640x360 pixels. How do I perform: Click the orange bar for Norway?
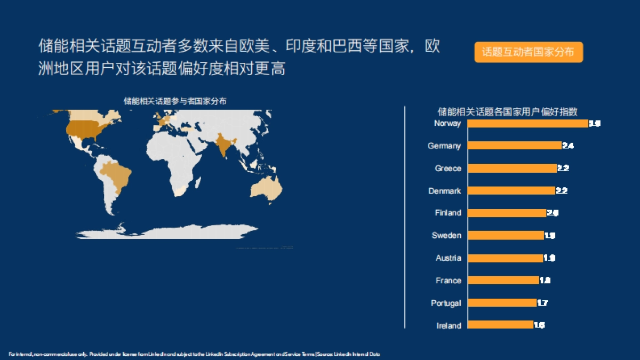pyautogui.click(x=527, y=124)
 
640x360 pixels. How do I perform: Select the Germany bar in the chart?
pyautogui.click(x=514, y=146)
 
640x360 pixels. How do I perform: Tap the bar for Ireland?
pyautogui.click(x=500, y=325)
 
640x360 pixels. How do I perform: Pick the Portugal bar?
pyautogui.click(x=501, y=302)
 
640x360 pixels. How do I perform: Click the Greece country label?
pyautogui.click(x=447, y=169)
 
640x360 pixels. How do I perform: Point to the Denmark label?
pyautogui.click(x=444, y=191)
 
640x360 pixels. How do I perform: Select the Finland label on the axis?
pyautogui.click(x=447, y=213)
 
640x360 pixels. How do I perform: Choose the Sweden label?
pyautogui.click(x=446, y=235)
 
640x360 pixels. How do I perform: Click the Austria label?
pyautogui.click(x=448, y=258)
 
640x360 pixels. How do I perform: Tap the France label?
pyautogui.click(x=448, y=281)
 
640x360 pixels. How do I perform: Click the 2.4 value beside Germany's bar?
pyautogui.click(x=568, y=146)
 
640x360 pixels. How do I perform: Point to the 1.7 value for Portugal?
pyautogui.click(x=542, y=303)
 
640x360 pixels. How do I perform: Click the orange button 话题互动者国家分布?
pyautogui.click(x=529, y=52)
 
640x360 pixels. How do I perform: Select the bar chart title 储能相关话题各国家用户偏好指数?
pyautogui.click(x=507, y=111)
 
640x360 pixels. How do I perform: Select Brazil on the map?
pyautogui.click(x=117, y=173)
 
